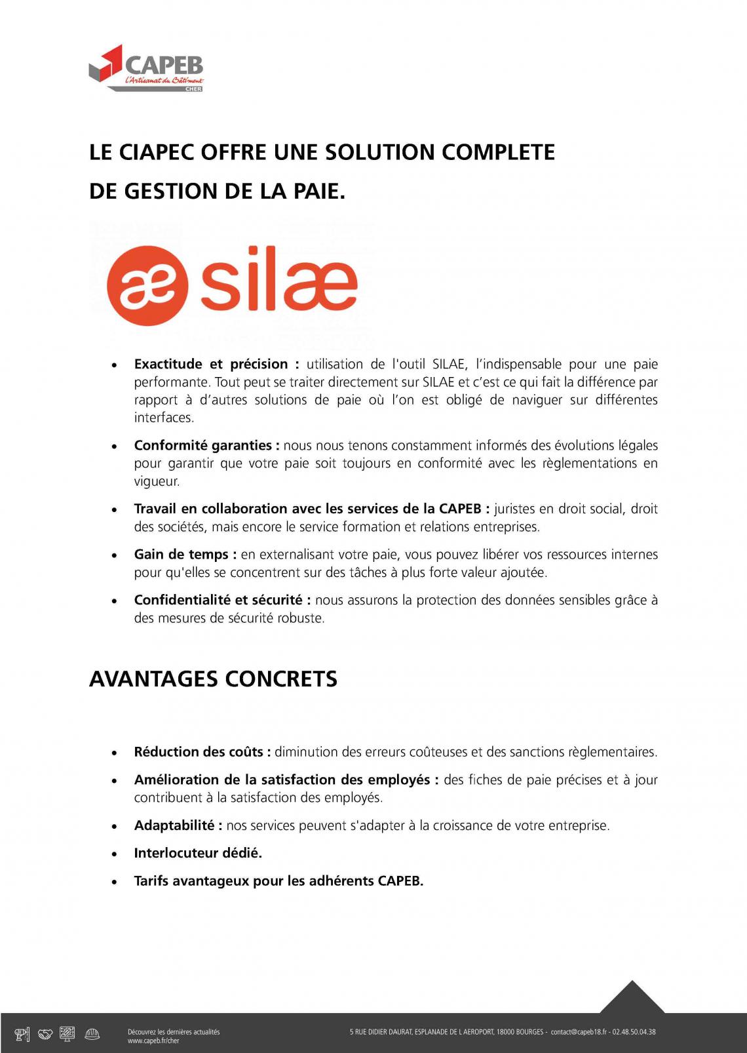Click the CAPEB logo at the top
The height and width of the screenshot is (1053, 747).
(x=146, y=68)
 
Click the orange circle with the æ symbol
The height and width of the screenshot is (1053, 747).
(x=147, y=285)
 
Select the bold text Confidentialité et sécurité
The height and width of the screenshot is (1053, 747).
(x=221, y=600)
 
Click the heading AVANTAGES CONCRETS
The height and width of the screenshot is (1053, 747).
(x=213, y=679)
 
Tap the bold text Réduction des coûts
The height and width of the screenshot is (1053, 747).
(x=202, y=752)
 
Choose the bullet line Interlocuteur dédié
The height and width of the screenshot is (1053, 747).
(x=198, y=853)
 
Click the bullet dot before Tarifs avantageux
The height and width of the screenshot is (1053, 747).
(x=115, y=882)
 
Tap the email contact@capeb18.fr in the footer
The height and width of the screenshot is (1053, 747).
(x=578, y=1032)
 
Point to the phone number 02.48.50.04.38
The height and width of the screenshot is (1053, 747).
(x=634, y=1032)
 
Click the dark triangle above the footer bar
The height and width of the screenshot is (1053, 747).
(x=632, y=998)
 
